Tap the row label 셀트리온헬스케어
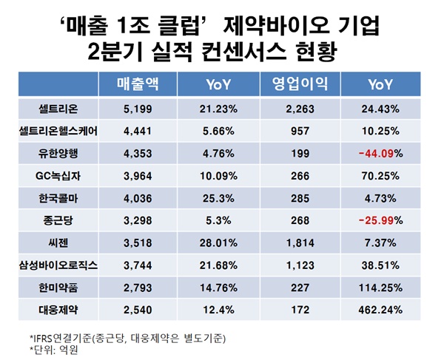(58, 131)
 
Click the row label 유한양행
(58, 153)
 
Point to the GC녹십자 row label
(58, 175)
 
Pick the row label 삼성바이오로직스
(58, 263)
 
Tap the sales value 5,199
(138, 109)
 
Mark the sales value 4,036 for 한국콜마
(138, 197)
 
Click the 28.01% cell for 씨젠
(220, 241)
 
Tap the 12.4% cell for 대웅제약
(220, 308)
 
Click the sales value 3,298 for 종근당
(138, 220)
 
